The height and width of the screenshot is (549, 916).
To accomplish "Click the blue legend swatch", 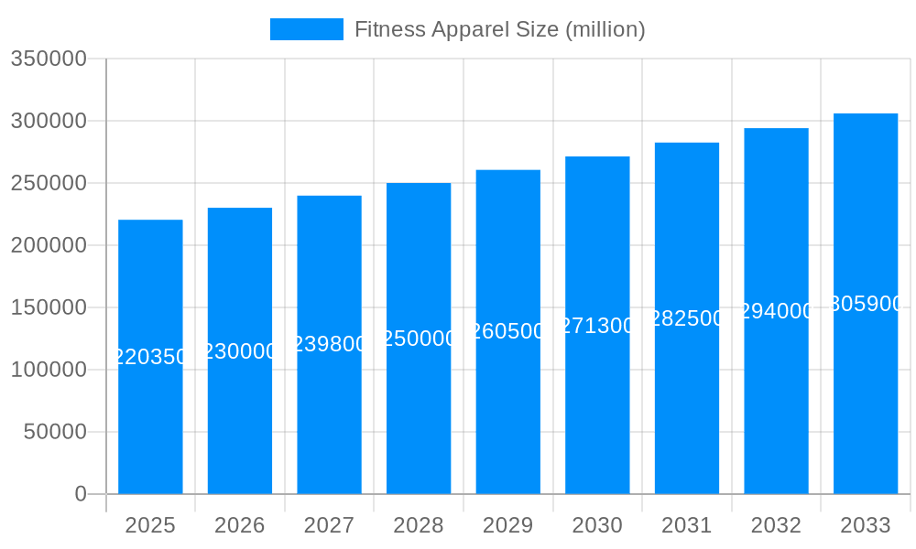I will point(306,29).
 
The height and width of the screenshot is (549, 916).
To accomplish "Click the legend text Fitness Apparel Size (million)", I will point(499,29).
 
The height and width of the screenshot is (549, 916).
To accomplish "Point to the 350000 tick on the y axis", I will point(49,59).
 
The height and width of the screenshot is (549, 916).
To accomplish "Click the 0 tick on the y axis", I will point(81,494).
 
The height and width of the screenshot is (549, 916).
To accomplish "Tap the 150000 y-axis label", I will point(49,307).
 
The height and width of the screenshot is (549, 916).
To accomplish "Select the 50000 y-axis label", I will point(55,432).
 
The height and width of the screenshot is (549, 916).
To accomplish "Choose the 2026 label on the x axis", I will point(240,525).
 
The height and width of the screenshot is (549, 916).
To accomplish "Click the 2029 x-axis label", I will point(508,525).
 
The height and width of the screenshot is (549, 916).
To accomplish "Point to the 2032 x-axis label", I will point(776,525).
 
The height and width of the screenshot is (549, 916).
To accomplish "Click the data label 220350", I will point(150,357).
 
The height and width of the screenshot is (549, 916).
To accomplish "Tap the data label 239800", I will point(330,344).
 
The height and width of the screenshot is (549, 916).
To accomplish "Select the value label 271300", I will point(597,326).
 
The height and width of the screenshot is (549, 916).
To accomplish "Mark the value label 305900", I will point(866,304).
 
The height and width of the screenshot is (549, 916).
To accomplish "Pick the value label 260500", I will point(508,331).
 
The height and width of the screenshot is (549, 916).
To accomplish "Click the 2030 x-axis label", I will point(597,525).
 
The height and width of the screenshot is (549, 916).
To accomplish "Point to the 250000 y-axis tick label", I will point(49,183).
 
